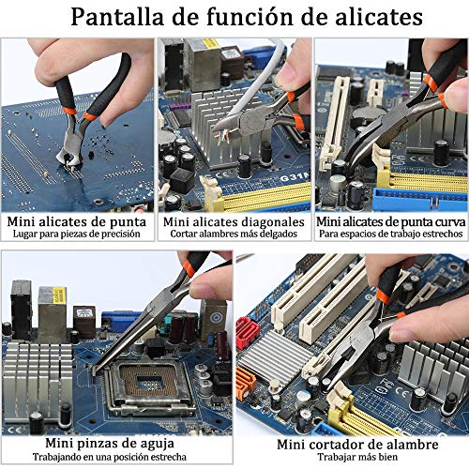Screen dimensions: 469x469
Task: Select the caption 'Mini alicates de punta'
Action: click(x=77, y=222)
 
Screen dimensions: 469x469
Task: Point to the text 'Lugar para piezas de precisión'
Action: click(x=77, y=234)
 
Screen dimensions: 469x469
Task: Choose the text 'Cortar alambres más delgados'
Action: click(x=234, y=234)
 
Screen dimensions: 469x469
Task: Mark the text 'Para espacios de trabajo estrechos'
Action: click(x=391, y=234)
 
